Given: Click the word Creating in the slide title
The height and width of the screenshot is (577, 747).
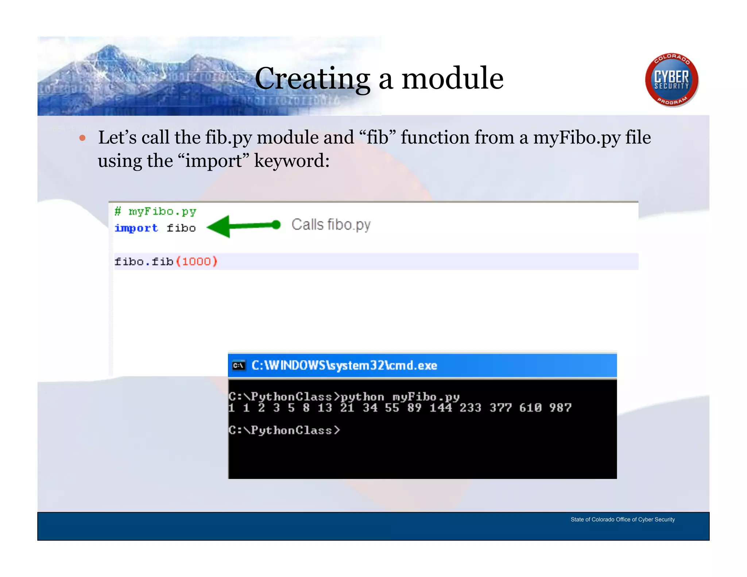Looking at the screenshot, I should point(312,79).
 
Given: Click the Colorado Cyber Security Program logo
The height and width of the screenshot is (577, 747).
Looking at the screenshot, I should point(671,80).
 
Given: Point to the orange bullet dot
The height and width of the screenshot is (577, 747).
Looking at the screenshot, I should point(82,138).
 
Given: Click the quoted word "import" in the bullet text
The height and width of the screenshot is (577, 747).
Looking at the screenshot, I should point(213,161).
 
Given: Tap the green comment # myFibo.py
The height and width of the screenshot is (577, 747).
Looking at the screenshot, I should point(155,212).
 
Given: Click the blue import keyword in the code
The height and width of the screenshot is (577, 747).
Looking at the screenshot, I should point(136,228).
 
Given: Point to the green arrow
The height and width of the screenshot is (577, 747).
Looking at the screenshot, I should point(243,226).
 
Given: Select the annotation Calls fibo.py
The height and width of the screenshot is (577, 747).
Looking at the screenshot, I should point(331,225).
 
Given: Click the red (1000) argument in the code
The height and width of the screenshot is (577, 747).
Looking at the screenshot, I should point(197,262).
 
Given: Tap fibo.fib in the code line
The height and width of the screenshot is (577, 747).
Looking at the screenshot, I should point(144,262).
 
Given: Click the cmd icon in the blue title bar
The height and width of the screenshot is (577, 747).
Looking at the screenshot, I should point(239,365).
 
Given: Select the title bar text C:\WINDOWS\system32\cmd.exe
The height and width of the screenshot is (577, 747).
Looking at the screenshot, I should point(344,365).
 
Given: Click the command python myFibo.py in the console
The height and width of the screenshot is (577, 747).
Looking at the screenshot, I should point(400,396).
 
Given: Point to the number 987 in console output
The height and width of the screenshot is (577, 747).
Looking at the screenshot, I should point(560,408).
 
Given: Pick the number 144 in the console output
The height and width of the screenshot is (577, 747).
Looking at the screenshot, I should point(441,408).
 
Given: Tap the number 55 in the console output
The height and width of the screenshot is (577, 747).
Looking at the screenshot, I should point(392,408).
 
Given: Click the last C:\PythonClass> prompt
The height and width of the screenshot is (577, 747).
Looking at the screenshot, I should point(284,430).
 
